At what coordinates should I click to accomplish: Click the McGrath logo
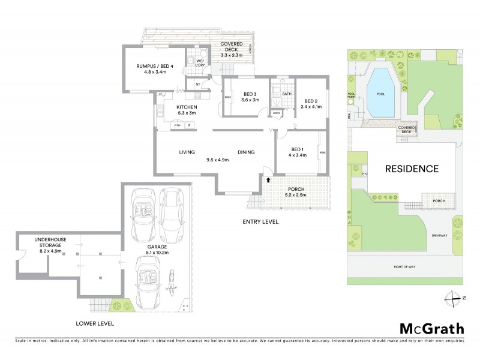click(431, 328)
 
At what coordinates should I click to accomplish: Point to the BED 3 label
click(251, 94)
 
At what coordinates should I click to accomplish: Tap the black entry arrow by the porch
click(268, 179)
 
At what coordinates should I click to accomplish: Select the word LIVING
click(187, 152)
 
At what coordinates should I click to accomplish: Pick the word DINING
click(247, 152)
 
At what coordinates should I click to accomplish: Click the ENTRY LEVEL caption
click(260, 221)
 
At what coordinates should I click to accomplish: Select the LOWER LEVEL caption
click(94, 323)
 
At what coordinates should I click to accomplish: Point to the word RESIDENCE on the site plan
click(411, 169)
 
